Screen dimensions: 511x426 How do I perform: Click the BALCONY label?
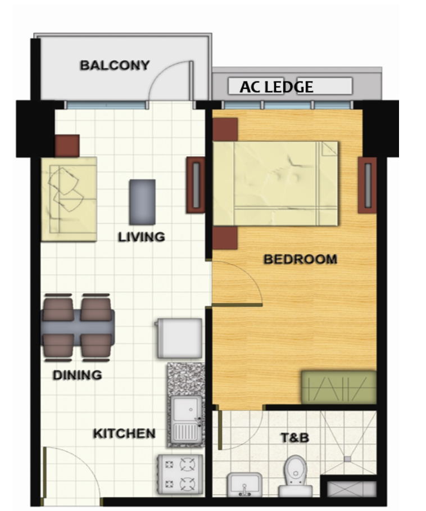pyautogui.click(x=115, y=65)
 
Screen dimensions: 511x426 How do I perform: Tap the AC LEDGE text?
pyautogui.click(x=276, y=87)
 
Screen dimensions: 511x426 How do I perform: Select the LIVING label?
pyautogui.click(x=142, y=237)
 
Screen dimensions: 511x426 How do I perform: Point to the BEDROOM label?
pyautogui.click(x=300, y=259)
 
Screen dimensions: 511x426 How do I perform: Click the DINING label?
pyautogui.click(x=77, y=374)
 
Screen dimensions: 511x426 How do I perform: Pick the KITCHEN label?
pyautogui.click(x=124, y=433)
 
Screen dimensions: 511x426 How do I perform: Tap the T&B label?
pyautogui.click(x=295, y=437)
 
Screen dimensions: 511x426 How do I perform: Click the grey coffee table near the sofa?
pyautogui.click(x=142, y=201)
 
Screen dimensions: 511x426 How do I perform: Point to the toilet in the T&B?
pyautogui.click(x=295, y=476)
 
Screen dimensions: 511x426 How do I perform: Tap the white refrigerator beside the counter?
pyautogui.click(x=179, y=338)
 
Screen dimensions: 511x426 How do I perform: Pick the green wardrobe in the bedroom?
pyautogui.click(x=338, y=387)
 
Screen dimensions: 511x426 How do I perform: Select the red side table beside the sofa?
pyautogui.click(x=67, y=146)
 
